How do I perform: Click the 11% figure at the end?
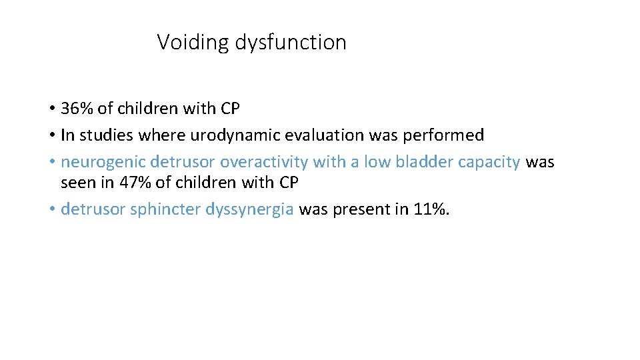point(431,209)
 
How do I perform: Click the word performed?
point(450,135)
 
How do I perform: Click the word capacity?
point(489,163)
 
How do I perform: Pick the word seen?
point(76,181)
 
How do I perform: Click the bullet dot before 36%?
point(51,109)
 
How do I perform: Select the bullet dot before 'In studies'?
point(51,135)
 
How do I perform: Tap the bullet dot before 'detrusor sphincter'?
point(51,209)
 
